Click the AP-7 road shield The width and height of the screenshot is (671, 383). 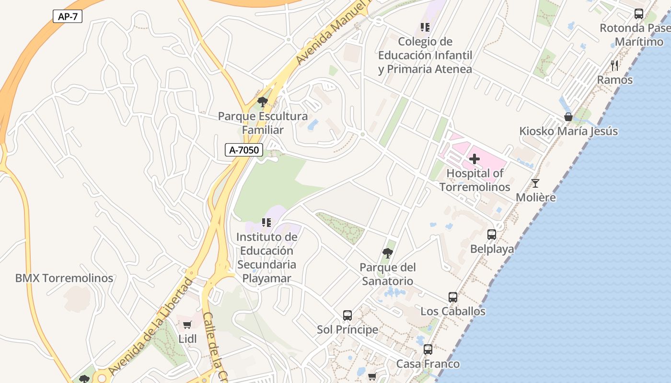[68, 17]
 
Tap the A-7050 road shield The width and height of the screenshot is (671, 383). [244, 150]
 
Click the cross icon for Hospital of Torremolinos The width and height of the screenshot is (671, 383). [474, 159]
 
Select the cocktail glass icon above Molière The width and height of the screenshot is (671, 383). [535, 183]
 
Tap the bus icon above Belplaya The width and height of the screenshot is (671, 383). [492, 235]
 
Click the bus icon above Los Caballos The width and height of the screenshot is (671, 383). [453, 297]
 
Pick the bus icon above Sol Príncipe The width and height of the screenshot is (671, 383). [347, 315]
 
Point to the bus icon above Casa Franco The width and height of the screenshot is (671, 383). [428, 349]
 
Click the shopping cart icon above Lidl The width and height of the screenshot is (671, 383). [187, 325]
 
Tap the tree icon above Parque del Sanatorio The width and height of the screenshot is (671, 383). [388, 253]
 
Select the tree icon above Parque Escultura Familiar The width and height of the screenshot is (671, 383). [262, 101]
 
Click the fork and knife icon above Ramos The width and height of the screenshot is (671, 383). [614, 65]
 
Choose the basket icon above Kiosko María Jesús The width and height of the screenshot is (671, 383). [568, 117]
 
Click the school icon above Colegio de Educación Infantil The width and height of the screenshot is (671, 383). [425, 27]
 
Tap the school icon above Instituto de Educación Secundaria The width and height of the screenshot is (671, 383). [266, 222]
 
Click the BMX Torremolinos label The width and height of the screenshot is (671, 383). [64, 278]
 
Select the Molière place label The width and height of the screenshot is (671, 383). [536, 197]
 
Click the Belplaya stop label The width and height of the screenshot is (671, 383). [492, 249]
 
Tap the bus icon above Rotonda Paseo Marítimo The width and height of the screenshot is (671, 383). [639, 13]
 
